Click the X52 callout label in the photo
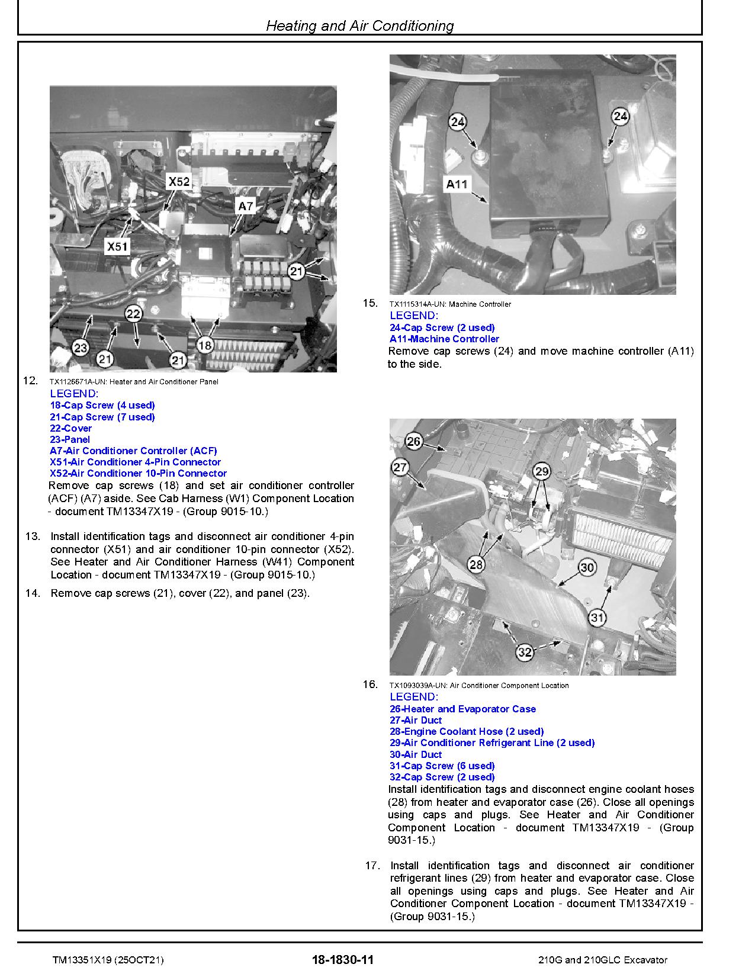[x=179, y=182]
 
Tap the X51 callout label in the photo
[x=117, y=246]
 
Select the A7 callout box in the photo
[x=245, y=206]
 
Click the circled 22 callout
[x=133, y=314]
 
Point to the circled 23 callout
[x=81, y=348]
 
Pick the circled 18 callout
[x=204, y=345]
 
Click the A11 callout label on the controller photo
[x=457, y=184]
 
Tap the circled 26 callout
[x=414, y=441]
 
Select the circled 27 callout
[x=400, y=467]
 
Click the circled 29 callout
[x=542, y=471]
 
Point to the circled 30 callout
[x=586, y=567]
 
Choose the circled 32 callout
[x=525, y=652]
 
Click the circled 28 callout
[x=476, y=564]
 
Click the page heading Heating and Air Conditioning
[x=359, y=25]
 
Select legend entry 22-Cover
[x=71, y=428]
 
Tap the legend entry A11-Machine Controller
[x=444, y=339]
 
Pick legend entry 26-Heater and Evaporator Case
[x=462, y=709]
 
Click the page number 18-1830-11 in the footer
[x=342, y=960]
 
